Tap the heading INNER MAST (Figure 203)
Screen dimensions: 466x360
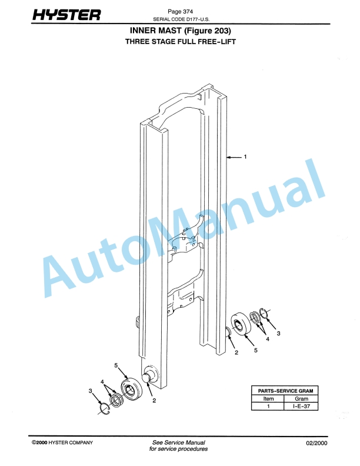pyautogui.click(x=180, y=31)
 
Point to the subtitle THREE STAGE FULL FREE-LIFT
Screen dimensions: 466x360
pyautogui.click(x=180, y=42)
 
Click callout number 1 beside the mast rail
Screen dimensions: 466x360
pyautogui.click(x=245, y=157)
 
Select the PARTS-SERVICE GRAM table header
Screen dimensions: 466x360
pyautogui.click(x=285, y=391)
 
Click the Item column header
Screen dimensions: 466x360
pyautogui.click(x=268, y=398)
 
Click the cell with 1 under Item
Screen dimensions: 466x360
pyautogui.click(x=268, y=406)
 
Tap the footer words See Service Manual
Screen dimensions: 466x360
pyautogui.click(x=178, y=442)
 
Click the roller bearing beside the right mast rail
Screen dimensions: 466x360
pyautogui.click(x=241, y=324)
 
